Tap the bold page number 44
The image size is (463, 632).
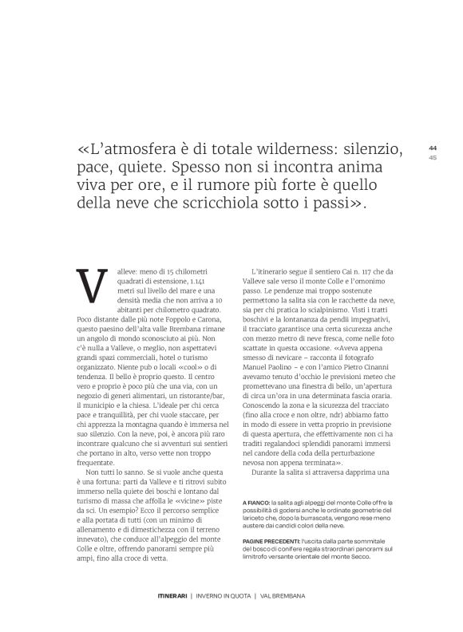coord(433,148)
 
